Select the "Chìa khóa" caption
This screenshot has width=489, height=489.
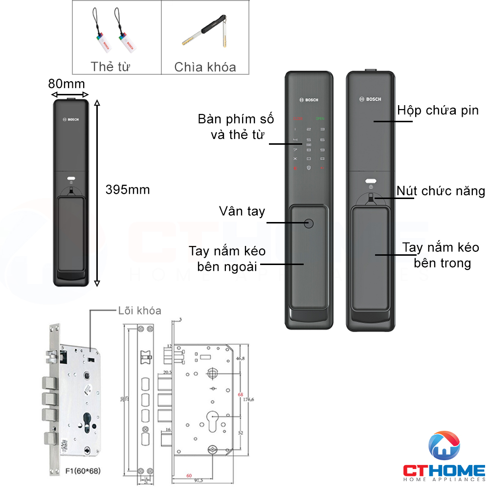205,67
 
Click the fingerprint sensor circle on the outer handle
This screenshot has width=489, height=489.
309,224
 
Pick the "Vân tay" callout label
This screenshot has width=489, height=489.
242,211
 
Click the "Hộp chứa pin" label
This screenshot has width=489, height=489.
438,110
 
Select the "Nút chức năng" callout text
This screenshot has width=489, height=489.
441,191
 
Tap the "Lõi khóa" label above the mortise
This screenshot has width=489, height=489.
139,311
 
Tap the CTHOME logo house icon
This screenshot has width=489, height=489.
444,447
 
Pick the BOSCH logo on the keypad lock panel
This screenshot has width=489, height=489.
309,100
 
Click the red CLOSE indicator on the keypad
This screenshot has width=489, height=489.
298,119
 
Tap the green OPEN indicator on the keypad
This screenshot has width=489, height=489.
320,119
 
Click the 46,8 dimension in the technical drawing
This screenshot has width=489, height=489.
241,358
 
